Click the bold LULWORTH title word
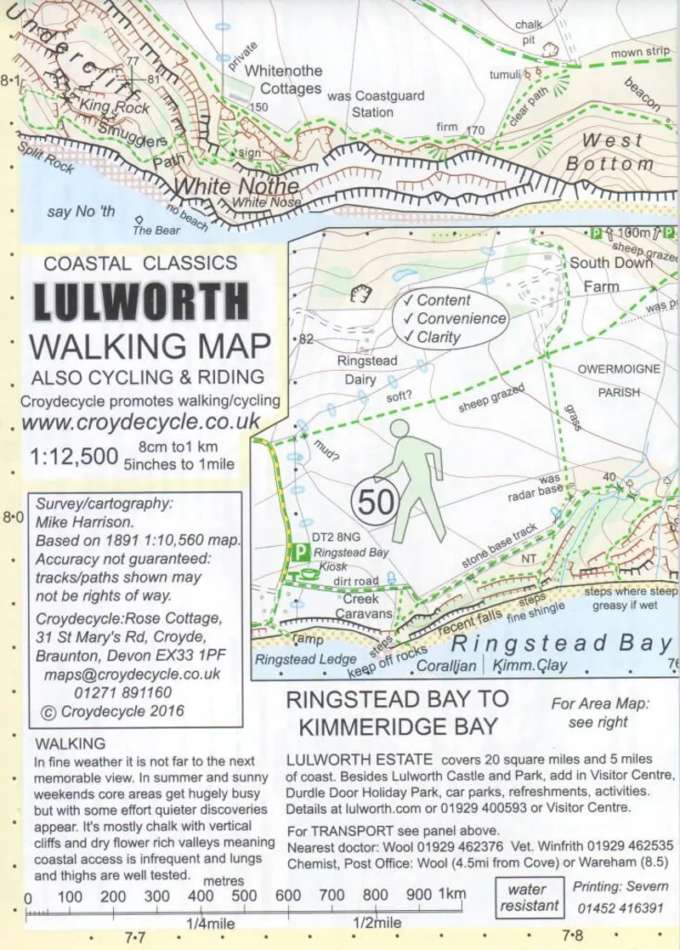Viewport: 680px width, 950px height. [142, 301]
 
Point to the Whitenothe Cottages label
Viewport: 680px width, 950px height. [283, 81]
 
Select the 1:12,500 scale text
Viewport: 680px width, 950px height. [73, 457]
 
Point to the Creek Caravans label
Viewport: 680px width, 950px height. [363, 606]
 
